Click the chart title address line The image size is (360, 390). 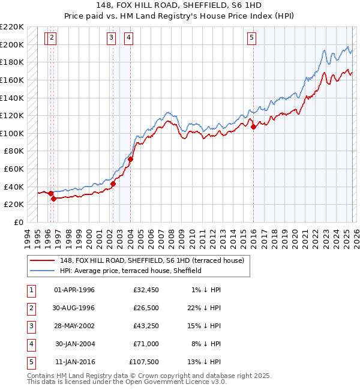point(179,5)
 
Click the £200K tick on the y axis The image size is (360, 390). point(13,44)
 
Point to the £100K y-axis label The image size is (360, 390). point(13,133)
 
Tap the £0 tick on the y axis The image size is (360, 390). point(18,222)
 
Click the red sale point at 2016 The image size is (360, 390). point(253,127)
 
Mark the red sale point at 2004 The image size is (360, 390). point(130,159)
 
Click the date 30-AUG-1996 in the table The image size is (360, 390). point(74,308)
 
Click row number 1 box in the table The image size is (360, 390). point(29,290)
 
